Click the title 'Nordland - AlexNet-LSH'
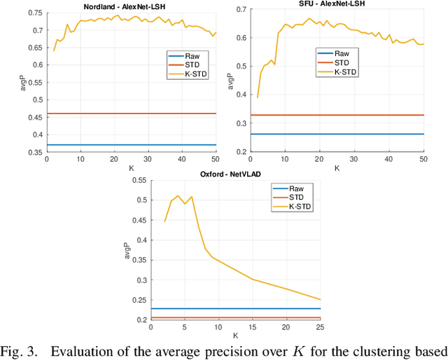pos(131,5)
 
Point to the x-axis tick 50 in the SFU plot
pos(423,159)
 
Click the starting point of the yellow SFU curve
pos(258,97)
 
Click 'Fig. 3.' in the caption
pos(18,351)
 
